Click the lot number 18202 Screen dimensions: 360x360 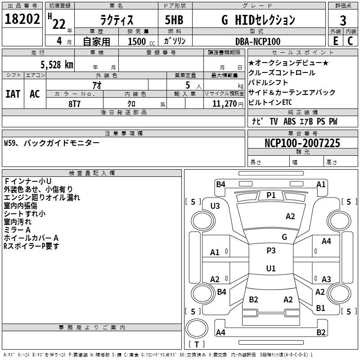click(x=22, y=20)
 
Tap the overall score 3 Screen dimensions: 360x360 click(x=343, y=20)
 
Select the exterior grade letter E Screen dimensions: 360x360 click(x=335, y=40)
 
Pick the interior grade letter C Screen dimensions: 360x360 click(x=350, y=40)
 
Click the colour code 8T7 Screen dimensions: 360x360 click(x=75, y=103)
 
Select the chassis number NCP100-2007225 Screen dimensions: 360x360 click(x=302, y=143)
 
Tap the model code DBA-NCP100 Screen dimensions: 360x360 click(x=258, y=41)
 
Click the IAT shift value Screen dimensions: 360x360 click(x=13, y=94)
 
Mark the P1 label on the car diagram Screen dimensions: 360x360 click(x=271, y=195)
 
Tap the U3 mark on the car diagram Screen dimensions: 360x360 click(x=215, y=206)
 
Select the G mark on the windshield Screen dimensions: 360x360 click(x=284, y=237)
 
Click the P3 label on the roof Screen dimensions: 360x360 click(x=271, y=251)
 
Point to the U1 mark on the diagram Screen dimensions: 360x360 click(x=271, y=268)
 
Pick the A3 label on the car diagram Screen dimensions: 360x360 click(x=326, y=279)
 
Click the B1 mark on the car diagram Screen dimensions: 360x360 click(x=320, y=308)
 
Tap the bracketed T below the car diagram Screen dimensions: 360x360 click(x=197, y=344)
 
